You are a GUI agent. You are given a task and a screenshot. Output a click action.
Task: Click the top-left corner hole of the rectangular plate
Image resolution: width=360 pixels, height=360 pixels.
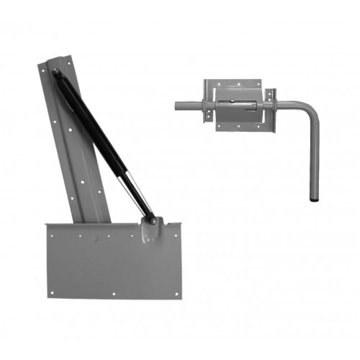tap(51, 231)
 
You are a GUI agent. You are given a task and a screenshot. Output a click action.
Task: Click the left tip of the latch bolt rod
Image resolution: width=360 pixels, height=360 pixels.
tap(177, 105)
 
